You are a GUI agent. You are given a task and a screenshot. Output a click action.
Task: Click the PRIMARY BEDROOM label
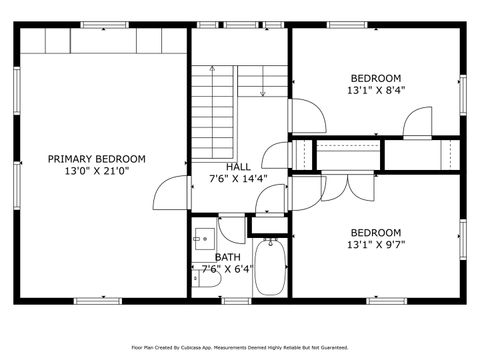pyautogui.click(x=97, y=159)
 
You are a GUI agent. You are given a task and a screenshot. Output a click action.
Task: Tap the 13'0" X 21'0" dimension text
pyautogui.click(x=97, y=172)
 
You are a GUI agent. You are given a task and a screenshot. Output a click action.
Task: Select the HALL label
pyautogui.click(x=238, y=167)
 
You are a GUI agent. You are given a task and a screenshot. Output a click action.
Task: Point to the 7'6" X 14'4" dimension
pyautogui.click(x=238, y=180)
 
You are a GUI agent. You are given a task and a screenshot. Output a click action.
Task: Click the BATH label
pyautogui.click(x=227, y=257)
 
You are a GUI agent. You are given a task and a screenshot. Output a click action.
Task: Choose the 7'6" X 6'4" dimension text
pyautogui.click(x=228, y=270)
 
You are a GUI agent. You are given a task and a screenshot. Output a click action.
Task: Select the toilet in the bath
pyautogui.click(x=201, y=278)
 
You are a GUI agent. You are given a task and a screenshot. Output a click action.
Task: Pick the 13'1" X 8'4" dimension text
pyautogui.click(x=375, y=90)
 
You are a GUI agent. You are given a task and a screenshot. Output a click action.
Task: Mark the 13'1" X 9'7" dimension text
pyautogui.click(x=375, y=244)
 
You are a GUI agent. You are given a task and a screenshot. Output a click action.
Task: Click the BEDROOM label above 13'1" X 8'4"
pyautogui.click(x=375, y=77)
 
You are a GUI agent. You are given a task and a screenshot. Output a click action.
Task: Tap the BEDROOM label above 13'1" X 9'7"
pyautogui.click(x=375, y=231)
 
